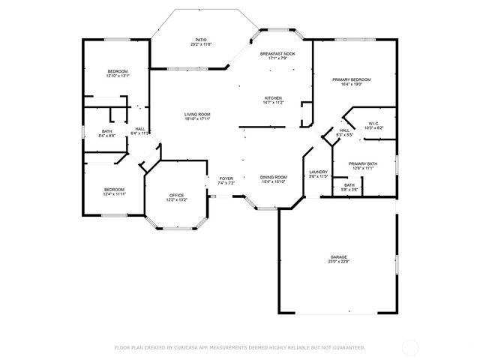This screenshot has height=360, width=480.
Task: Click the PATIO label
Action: tap(200, 40)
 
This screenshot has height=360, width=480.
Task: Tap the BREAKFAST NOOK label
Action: tap(277, 54)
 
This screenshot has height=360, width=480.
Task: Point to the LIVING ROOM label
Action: tap(198, 114)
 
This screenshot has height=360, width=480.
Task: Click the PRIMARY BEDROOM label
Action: tap(352, 79)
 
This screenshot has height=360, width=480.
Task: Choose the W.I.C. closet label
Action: tap(373, 123)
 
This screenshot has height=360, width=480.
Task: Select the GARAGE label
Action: tap(338, 257)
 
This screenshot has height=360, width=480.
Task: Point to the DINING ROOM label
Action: tap(274, 177)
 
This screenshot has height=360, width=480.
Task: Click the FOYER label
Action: tap(226, 178)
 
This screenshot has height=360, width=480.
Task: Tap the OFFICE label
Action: tap(176, 194)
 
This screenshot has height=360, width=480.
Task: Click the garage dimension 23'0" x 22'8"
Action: tap(338, 262)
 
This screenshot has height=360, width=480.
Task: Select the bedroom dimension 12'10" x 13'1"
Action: tap(118, 76)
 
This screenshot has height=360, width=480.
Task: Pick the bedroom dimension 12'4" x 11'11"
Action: tap(114, 194)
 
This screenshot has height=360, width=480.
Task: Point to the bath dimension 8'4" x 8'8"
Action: tap(107, 136)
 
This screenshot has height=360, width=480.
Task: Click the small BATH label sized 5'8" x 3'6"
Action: tap(349, 185)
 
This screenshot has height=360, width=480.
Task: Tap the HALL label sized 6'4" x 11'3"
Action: tap(140, 128)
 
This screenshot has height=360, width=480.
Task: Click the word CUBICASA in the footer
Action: tap(191, 347)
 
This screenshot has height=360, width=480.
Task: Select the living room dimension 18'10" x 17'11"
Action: tap(198, 118)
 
